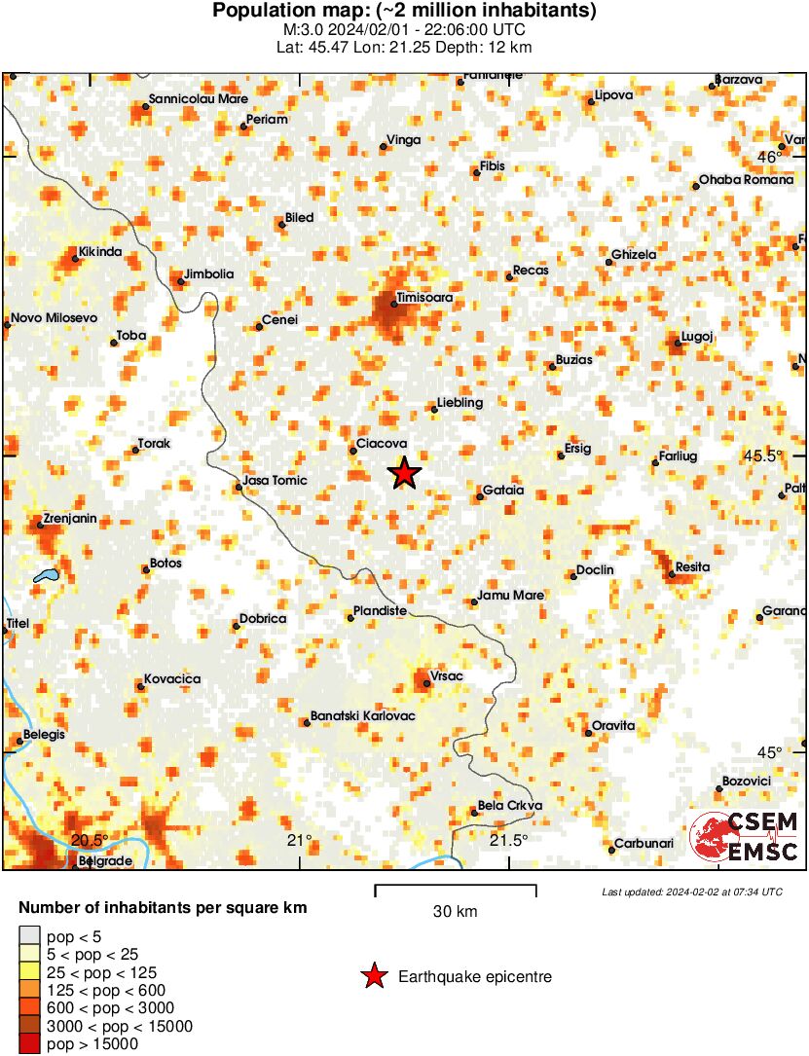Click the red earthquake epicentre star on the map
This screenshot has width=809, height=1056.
coord(404,473)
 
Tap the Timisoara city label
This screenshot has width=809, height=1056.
coord(425,298)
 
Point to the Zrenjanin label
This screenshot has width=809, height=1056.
coord(69,519)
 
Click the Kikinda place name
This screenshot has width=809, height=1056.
coord(100,253)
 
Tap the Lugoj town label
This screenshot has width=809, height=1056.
coord(698,336)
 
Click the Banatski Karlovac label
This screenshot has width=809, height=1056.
coord(363,716)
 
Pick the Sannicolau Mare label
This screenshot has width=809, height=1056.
coord(198,98)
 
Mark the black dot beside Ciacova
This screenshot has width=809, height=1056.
coord(352,450)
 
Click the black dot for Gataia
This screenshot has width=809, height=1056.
coord(479,497)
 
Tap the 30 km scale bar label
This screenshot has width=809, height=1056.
coord(455,912)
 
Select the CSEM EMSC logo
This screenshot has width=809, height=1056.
coord(744,837)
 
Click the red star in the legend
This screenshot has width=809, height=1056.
coord(374,976)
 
